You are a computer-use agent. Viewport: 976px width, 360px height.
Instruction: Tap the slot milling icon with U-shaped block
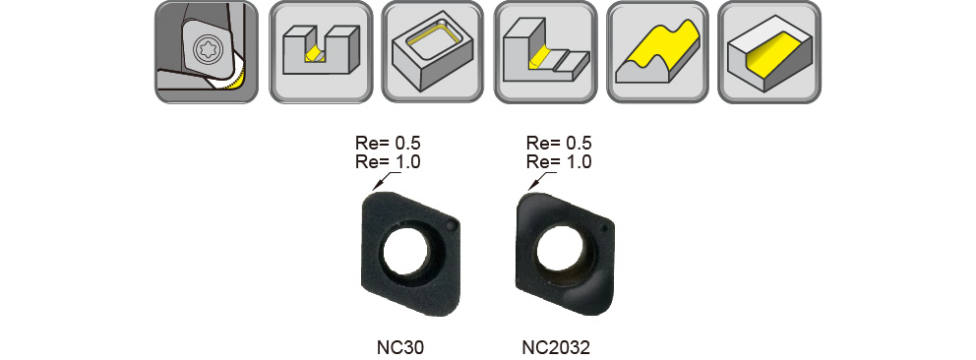click(321, 52)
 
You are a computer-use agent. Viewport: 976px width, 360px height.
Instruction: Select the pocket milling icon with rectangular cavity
click(432, 52)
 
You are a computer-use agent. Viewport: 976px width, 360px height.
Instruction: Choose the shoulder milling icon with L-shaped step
click(545, 52)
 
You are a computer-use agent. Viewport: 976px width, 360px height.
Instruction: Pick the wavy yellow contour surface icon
click(657, 52)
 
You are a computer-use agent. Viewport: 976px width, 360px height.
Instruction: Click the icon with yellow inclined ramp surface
click(769, 52)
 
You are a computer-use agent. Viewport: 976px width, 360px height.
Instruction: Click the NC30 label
click(400, 347)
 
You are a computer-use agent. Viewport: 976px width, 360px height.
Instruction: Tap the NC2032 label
click(556, 347)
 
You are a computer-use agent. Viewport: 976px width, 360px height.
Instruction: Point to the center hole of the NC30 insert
click(405, 252)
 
